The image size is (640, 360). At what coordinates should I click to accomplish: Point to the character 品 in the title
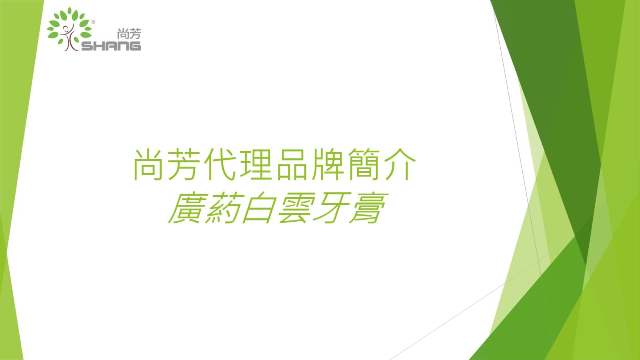292,164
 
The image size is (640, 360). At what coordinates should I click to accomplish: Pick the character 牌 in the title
328,164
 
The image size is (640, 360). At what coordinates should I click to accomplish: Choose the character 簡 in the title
364,164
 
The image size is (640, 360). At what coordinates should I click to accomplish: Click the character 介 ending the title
400,164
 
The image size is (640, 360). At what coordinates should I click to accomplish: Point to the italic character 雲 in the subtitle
296,208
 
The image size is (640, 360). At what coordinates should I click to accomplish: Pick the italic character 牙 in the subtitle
332,208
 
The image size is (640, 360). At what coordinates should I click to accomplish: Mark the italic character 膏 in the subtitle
368,208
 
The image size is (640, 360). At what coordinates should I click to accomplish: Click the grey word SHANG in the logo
111,46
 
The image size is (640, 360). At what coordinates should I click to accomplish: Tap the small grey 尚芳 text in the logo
129,34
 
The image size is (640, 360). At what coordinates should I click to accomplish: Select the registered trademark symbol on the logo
93,22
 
